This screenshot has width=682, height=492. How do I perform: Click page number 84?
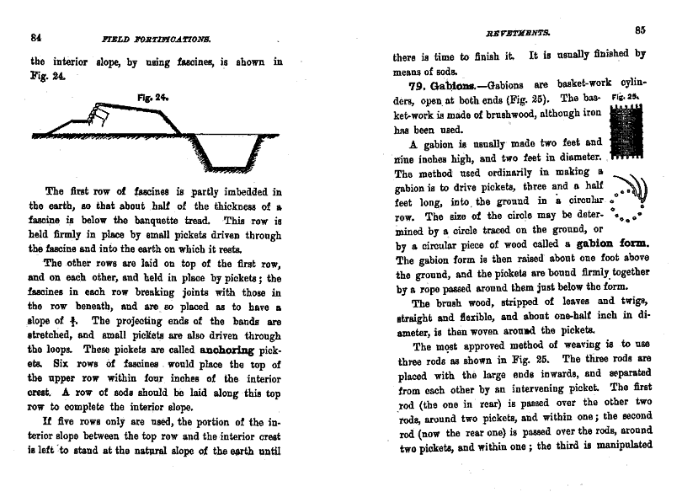(36, 37)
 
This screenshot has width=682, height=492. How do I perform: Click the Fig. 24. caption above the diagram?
(153, 98)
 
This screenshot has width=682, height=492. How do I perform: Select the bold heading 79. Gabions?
(439, 87)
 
